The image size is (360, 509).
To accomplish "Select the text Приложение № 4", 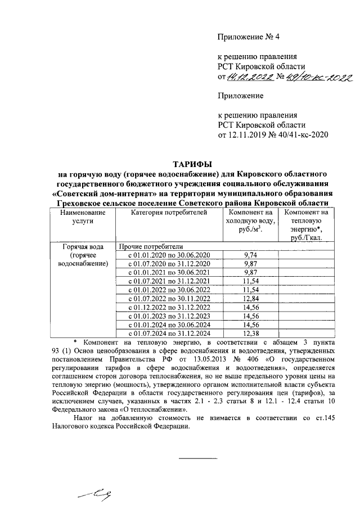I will tap(248, 37).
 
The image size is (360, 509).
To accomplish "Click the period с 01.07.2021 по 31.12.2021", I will tap(169, 281).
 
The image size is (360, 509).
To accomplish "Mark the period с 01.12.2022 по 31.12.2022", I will tap(169, 307).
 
